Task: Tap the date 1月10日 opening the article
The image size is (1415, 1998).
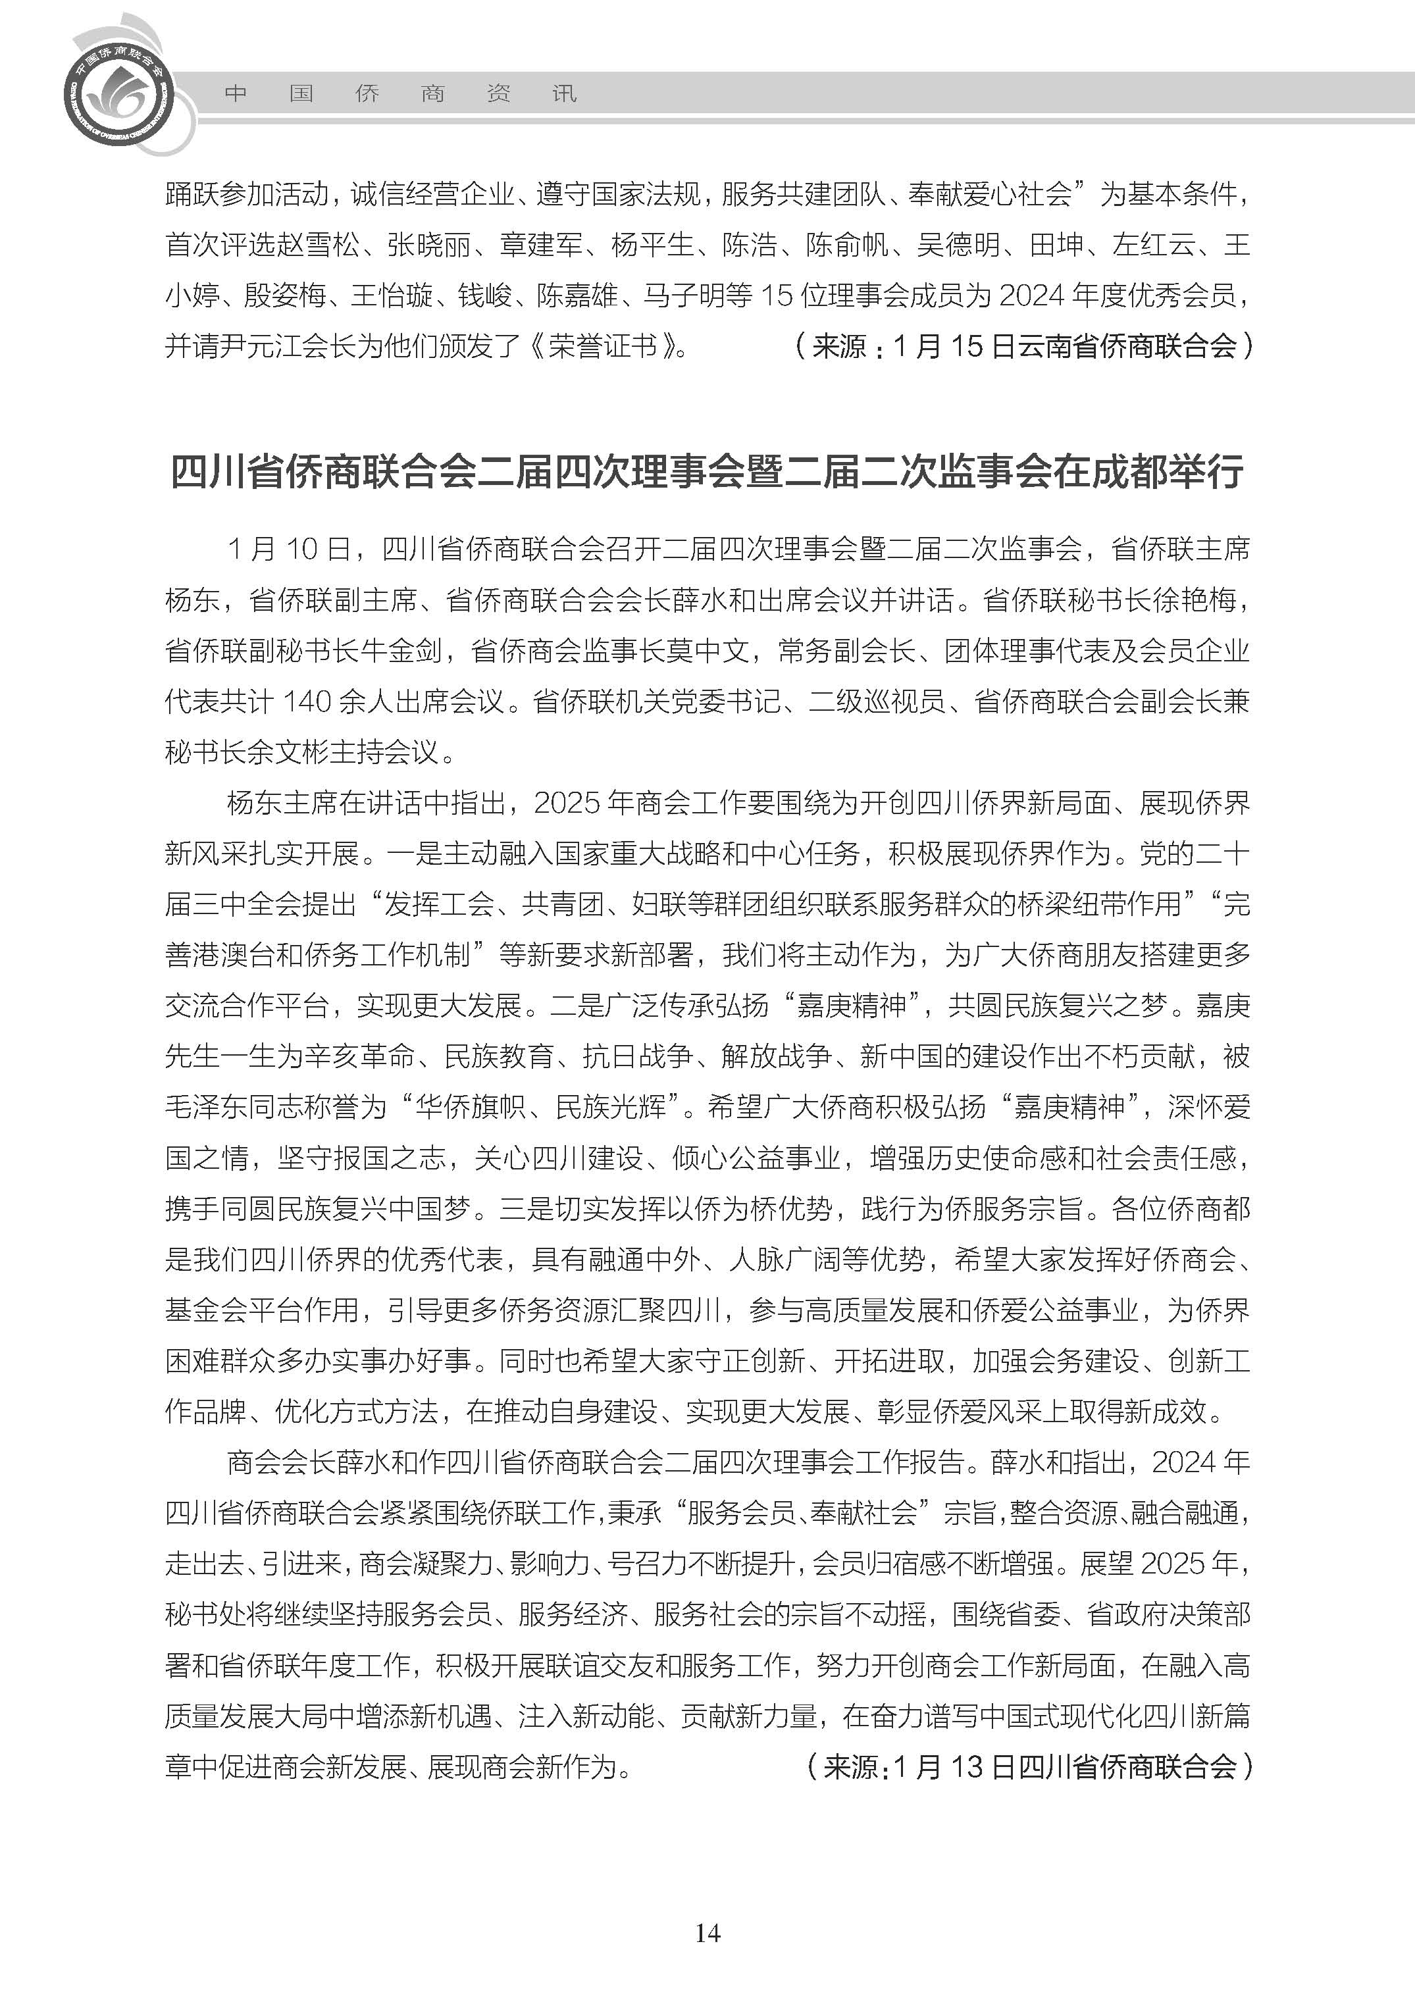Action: [288, 549]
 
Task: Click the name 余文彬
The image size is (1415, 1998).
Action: [288, 752]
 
